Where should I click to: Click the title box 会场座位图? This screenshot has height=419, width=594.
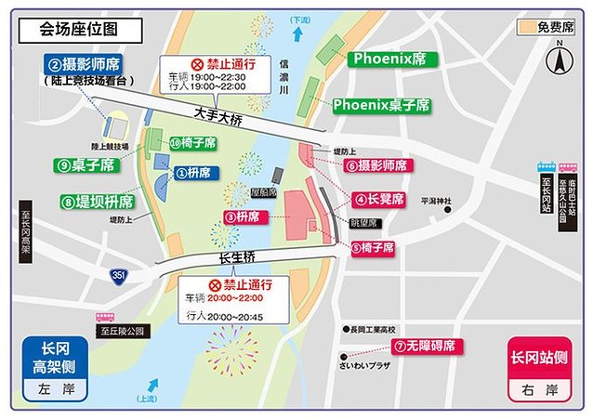[80, 30]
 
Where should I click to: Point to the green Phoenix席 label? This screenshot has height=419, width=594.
[388, 59]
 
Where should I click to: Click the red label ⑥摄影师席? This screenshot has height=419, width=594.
[376, 166]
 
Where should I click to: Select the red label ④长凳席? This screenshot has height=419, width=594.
[378, 199]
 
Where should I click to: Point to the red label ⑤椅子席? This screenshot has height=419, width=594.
[373, 248]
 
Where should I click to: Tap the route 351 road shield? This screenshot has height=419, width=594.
[118, 275]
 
